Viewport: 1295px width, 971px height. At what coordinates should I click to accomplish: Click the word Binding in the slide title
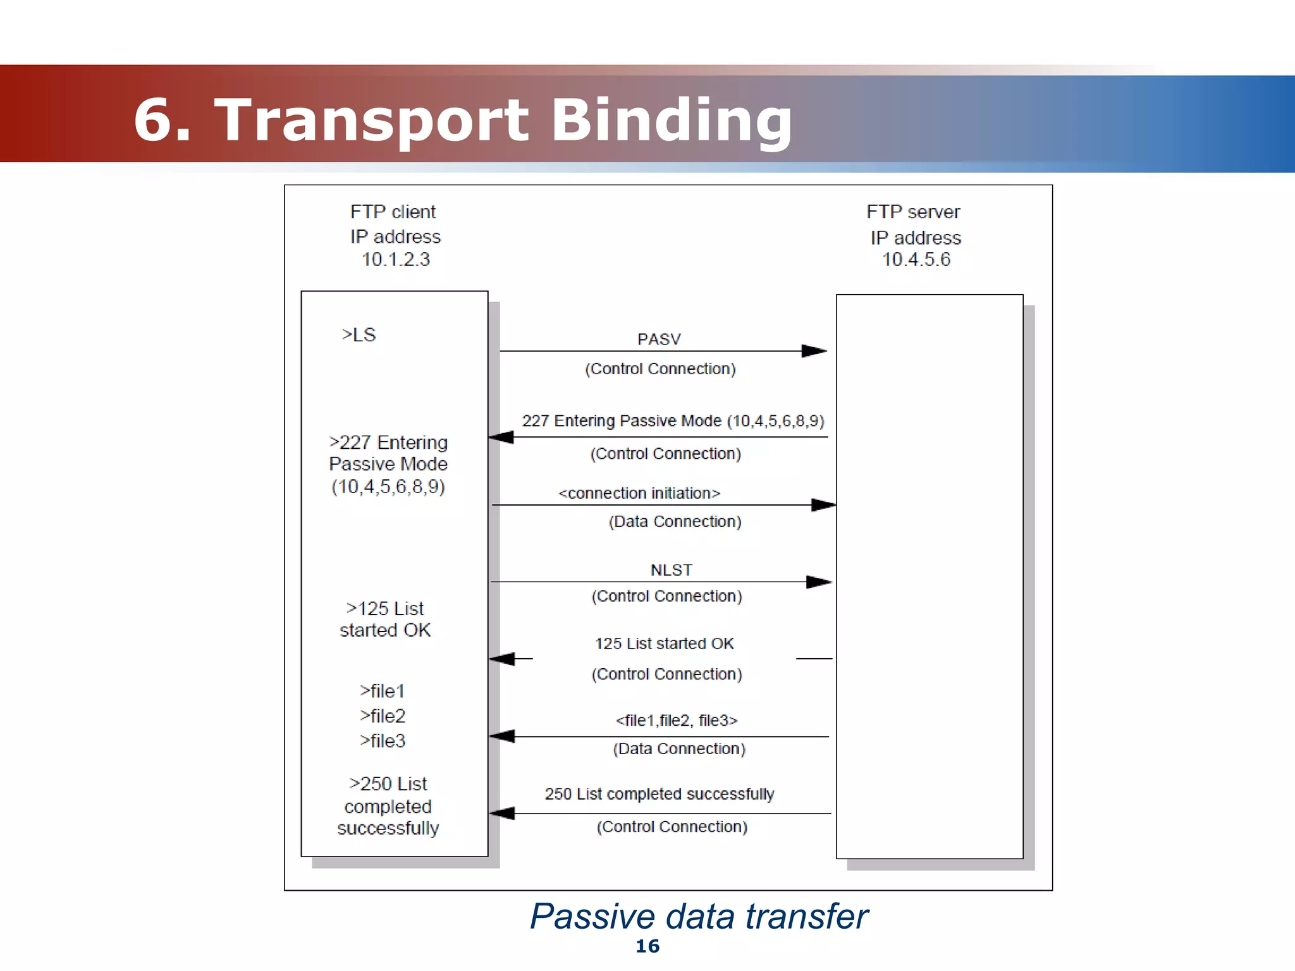[672, 120]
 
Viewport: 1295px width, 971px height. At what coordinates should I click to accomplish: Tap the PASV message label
[659, 339]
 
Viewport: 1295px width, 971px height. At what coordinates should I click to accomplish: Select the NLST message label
[671, 570]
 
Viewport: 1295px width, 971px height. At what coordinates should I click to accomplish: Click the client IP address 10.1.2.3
[395, 260]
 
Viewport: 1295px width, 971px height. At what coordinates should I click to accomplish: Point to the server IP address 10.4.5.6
[916, 260]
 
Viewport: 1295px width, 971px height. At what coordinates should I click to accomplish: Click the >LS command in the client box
[359, 335]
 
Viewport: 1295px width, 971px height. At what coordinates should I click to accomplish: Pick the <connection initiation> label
[639, 493]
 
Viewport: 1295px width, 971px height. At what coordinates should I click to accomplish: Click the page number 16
[647, 946]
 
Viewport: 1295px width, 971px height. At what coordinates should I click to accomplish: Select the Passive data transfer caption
[699, 917]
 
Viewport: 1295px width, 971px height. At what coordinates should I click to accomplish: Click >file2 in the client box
[383, 716]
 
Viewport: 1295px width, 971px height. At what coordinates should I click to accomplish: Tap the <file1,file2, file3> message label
[677, 721]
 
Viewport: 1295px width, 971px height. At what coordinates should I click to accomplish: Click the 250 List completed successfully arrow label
[660, 794]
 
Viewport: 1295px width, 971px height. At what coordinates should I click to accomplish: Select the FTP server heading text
[913, 212]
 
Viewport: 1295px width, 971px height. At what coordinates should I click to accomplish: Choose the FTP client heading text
[393, 212]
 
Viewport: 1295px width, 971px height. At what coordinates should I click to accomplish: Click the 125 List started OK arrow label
[664, 644]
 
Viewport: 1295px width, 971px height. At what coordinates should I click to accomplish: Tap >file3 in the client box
[383, 741]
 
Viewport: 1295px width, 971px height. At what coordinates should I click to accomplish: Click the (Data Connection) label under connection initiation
[675, 522]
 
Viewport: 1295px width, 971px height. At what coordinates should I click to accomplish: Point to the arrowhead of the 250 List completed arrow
[502, 814]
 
